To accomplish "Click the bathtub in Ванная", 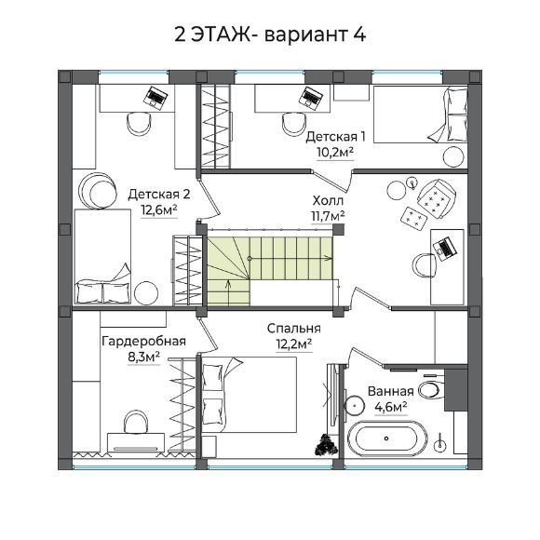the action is (387, 439).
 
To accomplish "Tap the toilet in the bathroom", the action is (430, 390).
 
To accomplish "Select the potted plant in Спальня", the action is (326, 444).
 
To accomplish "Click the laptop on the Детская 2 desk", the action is (155, 98).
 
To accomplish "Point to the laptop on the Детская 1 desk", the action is (311, 98).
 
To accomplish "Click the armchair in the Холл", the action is (436, 198).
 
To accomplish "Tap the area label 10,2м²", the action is (335, 152).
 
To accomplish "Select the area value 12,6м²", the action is (159, 210).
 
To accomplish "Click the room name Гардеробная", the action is (143, 341).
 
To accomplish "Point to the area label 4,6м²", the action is (391, 407).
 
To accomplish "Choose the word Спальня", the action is (294, 329).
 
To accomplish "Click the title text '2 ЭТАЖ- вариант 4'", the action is (270, 34).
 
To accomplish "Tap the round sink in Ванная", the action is (355, 405).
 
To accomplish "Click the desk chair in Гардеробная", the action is (136, 422).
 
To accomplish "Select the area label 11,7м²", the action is (329, 216).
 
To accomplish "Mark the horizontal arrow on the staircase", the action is (290, 258).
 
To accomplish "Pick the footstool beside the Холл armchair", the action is (414, 217).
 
